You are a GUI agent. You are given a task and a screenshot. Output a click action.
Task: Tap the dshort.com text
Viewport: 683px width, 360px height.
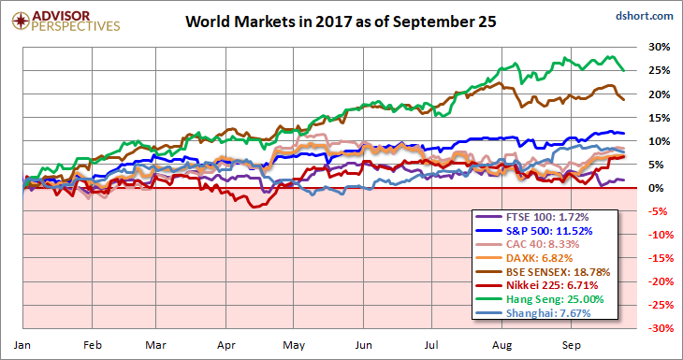point(645,16)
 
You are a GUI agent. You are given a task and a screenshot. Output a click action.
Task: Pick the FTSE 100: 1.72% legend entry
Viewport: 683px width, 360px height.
point(532,216)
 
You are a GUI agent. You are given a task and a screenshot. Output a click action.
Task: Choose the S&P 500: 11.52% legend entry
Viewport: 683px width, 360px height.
point(534,230)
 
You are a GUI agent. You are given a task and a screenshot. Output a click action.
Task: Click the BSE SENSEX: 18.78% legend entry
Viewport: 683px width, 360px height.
point(544,271)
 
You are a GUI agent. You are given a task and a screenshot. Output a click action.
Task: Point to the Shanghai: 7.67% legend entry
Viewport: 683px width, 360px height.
point(533,313)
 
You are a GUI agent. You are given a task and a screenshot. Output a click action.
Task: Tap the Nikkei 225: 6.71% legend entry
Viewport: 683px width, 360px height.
point(537,285)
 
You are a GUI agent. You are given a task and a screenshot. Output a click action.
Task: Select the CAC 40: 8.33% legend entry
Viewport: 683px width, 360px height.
point(532,244)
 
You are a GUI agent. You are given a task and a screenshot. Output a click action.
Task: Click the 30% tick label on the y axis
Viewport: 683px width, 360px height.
point(658,47)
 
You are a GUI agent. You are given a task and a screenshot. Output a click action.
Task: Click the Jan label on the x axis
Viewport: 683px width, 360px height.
point(21,345)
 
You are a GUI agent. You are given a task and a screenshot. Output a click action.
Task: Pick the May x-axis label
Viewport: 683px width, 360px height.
point(294,345)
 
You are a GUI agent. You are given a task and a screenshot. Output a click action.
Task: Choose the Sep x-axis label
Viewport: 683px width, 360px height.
point(571,345)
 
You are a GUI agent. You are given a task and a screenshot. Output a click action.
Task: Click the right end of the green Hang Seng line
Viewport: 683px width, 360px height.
point(624,70)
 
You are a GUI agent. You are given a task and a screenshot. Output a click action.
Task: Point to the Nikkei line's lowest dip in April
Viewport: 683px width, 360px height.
point(253,207)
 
